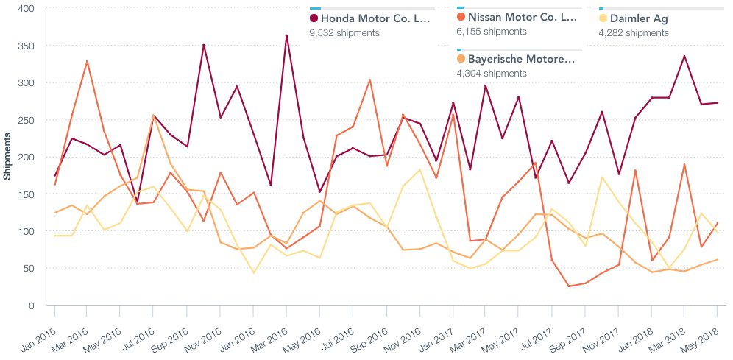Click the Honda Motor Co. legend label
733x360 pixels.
[375, 18]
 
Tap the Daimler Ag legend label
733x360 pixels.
[640, 18]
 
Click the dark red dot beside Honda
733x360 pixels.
[314, 18]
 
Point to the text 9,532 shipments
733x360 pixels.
[344, 33]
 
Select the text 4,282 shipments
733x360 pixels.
[634, 33]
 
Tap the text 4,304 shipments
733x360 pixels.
[492, 74]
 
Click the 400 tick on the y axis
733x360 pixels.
[26, 9]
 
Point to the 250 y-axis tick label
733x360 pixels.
[26, 120]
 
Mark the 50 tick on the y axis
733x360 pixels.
[29, 269]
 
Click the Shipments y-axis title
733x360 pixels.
[7, 157]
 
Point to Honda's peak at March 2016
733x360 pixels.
[286, 35]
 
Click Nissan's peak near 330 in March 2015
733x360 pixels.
[88, 61]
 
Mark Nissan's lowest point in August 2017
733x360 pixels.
[570, 286]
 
